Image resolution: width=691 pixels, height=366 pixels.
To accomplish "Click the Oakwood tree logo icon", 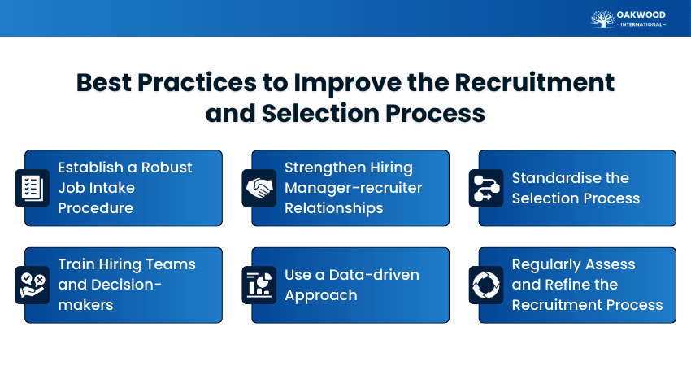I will coord(602,18).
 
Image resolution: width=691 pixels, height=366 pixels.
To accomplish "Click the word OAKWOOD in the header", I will coord(641,14).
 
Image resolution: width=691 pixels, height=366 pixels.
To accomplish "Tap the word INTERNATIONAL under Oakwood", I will coord(641,24).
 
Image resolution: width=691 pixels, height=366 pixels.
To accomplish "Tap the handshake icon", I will coord(259,188).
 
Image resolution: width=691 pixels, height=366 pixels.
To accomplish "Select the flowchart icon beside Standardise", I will coord(486,188).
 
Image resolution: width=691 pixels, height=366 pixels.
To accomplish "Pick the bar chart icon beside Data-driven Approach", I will coord(259,285).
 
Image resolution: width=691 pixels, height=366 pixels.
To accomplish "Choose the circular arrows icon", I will coord(486,285).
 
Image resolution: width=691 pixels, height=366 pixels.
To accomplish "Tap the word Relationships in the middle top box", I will coord(334,208).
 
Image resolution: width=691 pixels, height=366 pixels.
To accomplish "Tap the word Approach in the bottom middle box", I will coord(320,295).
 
